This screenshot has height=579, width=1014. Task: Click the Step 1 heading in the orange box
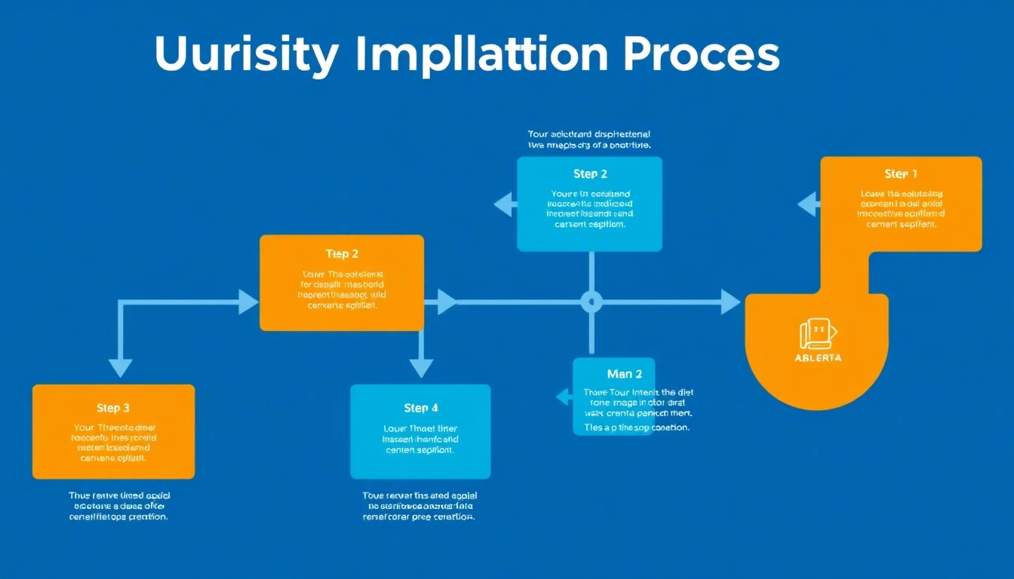[x=901, y=174]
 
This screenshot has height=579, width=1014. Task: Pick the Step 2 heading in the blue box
[x=590, y=174]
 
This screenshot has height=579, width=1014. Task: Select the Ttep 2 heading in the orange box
[x=342, y=254]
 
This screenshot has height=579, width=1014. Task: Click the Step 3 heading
[x=113, y=408]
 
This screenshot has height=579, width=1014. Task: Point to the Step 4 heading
[x=420, y=408]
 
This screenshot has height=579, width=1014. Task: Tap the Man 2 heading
[x=624, y=374]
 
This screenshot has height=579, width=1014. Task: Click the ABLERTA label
[x=818, y=358]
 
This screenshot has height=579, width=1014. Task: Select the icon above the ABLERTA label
[x=818, y=333]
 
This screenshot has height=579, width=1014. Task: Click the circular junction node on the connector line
[x=591, y=302]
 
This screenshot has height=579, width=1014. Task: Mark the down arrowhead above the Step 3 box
[x=120, y=367]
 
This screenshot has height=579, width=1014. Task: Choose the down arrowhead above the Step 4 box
[x=421, y=367]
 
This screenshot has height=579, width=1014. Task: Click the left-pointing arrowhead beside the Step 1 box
[x=807, y=204]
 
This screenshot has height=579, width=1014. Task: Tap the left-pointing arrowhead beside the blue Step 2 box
[x=504, y=204]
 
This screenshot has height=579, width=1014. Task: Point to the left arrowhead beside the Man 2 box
[x=563, y=397]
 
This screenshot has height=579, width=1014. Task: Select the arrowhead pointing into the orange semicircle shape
[x=730, y=302]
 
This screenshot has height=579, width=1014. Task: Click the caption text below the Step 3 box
[x=118, y=507]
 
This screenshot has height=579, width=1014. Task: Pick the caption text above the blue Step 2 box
[x=588, y=139]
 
